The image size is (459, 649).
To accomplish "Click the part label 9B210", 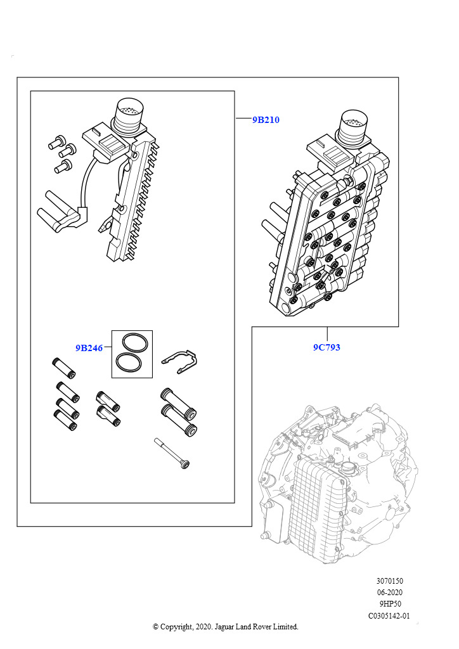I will pyautogui.click(x=266, y=119).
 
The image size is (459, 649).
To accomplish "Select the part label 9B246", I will pyautogui.click(x=89, y=347).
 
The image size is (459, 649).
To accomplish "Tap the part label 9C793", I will pyautogui.click(x=326, y=347).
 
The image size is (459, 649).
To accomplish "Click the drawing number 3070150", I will pyautogui.click(x=389, y=581).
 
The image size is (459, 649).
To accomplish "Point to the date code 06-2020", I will pyautogui.click(x=389, y=593).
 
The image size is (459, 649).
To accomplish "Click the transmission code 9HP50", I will pyautogui.click(x=389, y=604).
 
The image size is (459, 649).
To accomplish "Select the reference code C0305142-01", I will pyautogui.click(x=389, y=615).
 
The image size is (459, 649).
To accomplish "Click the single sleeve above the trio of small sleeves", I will pyautogui.click(x=65, y=368).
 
